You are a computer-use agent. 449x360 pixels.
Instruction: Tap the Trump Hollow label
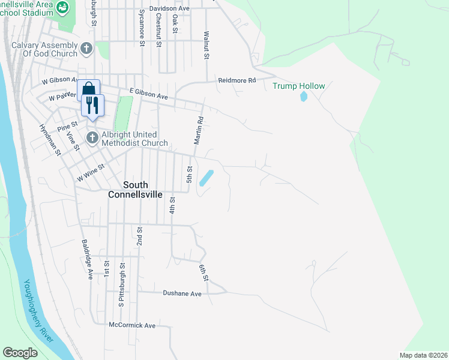tap(299, 86)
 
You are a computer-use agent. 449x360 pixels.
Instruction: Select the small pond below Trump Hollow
tap(304, 97)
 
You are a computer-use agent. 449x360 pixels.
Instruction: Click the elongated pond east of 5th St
tap(206, 178)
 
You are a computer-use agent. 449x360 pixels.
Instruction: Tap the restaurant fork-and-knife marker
tap(92, 106)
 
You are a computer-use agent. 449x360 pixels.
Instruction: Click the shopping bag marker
tap(88, 90)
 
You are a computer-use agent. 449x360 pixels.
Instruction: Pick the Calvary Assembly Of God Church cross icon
tap(86, 48)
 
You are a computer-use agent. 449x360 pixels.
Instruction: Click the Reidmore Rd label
tap(237, 80)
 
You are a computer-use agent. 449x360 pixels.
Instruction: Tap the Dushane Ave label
tap(182, 293)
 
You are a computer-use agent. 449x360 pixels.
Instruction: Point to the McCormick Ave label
tap(132, 325)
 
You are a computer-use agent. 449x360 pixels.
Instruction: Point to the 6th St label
tap(204, 271)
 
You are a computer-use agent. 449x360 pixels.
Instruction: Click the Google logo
tap(20, 353)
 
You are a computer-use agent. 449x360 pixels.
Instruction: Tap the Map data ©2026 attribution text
tap(423, 355)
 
